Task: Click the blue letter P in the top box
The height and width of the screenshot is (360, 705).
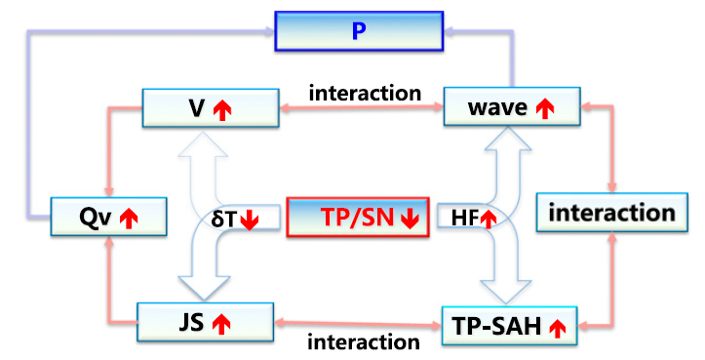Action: (359, 31)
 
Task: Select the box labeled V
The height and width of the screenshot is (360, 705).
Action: (211, 108)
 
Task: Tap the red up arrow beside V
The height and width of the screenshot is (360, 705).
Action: (222, 110)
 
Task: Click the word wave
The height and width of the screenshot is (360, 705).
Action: (497, 108)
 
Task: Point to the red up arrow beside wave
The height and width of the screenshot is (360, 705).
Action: (545, 108)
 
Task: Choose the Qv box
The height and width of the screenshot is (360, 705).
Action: (109, 217)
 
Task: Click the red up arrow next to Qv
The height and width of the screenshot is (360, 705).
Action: (129, 219)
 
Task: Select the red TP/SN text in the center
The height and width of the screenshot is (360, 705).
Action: (358, 218)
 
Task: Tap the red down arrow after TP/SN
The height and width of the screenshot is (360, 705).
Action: (411, 220)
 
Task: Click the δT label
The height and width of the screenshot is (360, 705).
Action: (223, 220)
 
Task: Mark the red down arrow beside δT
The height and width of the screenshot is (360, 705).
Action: (249, 220)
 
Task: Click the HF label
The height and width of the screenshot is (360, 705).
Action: (465, 219)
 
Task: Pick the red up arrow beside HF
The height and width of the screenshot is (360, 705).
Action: (489, 219)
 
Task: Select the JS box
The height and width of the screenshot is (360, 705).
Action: (205, 322)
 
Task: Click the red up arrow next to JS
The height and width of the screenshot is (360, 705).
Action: (221, 325)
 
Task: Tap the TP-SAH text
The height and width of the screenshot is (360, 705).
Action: (497, 326)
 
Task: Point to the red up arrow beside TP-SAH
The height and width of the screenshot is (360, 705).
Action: (558, 328)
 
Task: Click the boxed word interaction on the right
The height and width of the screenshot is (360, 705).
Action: (612, 213)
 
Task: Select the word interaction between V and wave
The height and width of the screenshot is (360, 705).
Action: (365, 93)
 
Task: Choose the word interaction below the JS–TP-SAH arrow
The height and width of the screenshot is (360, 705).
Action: (364, 342)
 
